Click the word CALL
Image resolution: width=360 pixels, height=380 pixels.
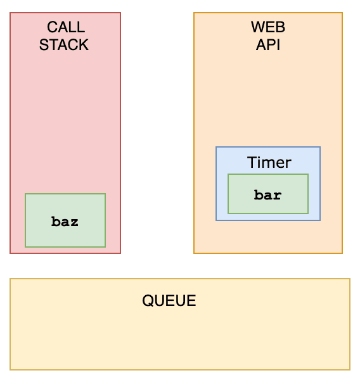pos(66,27)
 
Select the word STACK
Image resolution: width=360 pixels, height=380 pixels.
pos(64,45)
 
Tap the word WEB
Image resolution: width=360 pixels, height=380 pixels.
pos(268,27)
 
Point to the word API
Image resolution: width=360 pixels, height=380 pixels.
pos(268,45)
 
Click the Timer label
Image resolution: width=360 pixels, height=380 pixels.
pos(269,162)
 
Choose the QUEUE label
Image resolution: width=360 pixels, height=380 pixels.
pos(169,300)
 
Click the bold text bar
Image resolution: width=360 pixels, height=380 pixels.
pos(268,195)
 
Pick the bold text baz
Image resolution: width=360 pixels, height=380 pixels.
pos(65,222)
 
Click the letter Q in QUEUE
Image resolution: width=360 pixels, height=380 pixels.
pos(148,301)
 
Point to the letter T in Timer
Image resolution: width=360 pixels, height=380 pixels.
pos(252,162)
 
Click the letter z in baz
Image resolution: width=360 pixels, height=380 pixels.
pos(74,223)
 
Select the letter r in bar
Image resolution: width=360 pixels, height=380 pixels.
pos(278,196)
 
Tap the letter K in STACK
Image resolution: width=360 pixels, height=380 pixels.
pos(84,45)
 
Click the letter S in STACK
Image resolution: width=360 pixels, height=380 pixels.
pos(44,45)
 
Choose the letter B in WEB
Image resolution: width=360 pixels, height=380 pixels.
pos(281,27)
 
